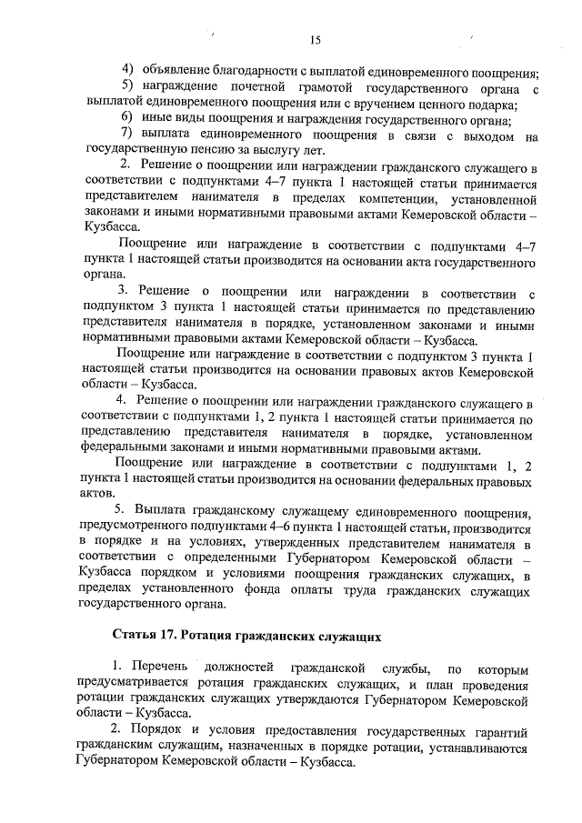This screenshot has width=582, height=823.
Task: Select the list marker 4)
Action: tap(128, 72)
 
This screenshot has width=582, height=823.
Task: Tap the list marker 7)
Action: tap(128, 135)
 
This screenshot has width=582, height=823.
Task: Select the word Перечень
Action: tap(160, 669)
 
